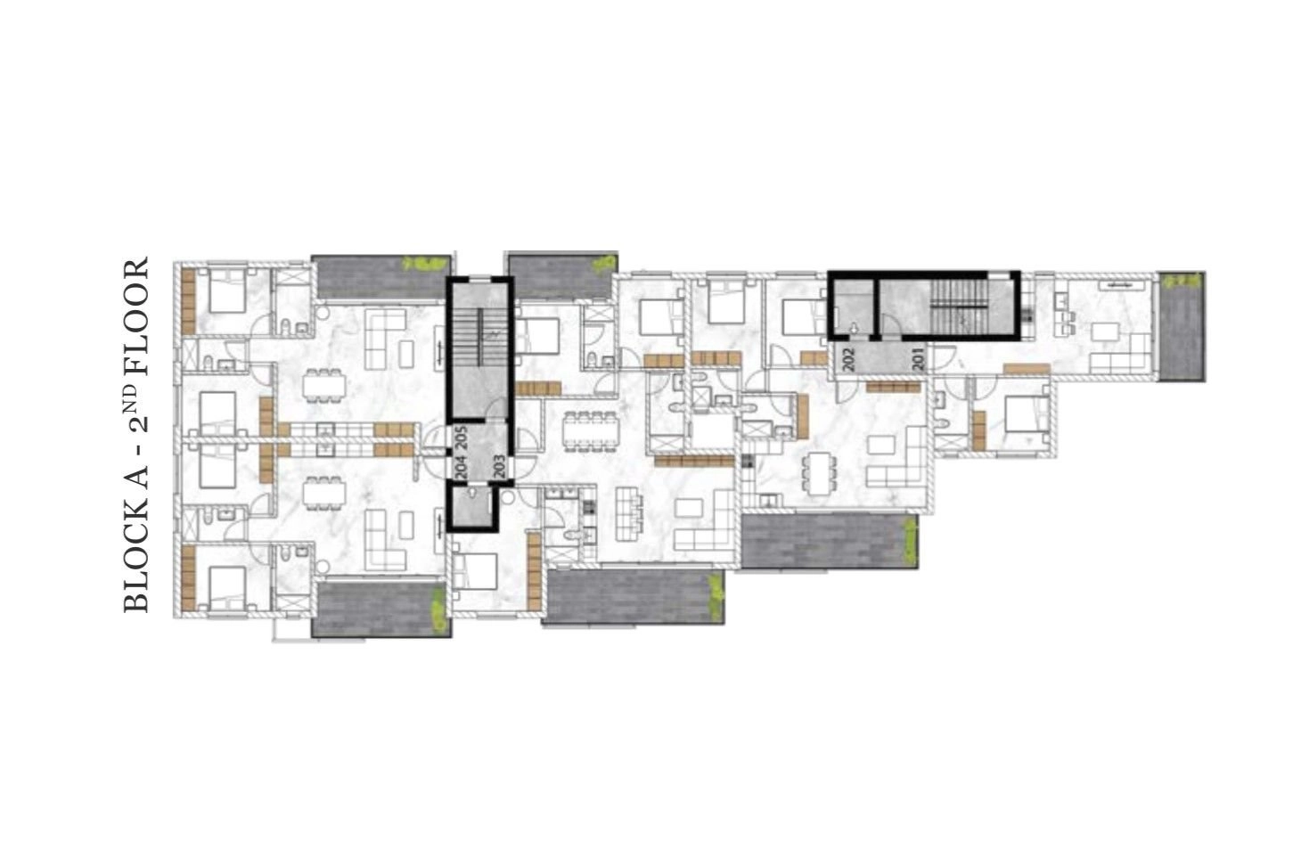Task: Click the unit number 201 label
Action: (x=918, y=360)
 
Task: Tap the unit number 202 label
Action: (x=848, y=360)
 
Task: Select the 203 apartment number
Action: (x=499, y=466)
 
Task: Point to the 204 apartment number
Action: (x=462, y=466)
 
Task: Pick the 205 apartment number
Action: (x=462, y=438)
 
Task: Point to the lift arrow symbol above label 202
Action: (x=853, y=329)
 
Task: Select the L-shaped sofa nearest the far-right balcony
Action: (x=1120, y=356)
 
